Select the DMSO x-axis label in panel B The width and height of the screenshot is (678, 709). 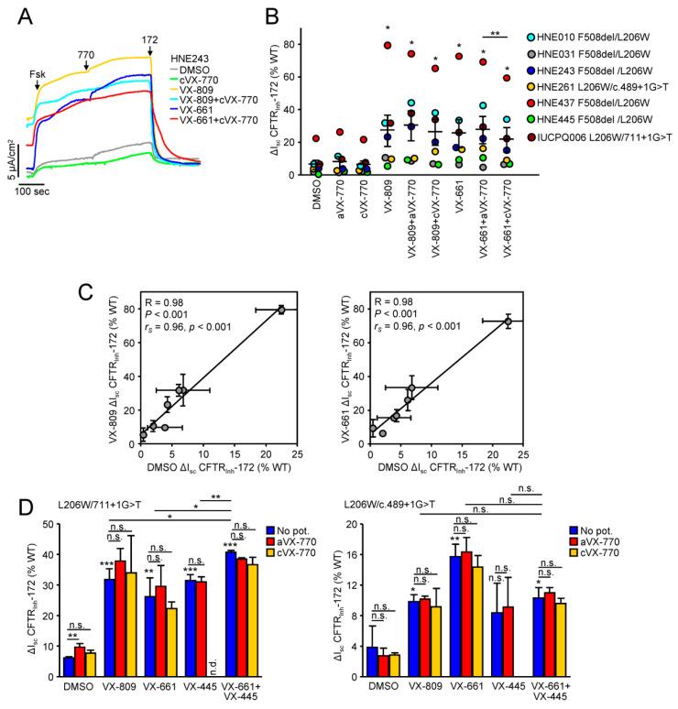(318, 193)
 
